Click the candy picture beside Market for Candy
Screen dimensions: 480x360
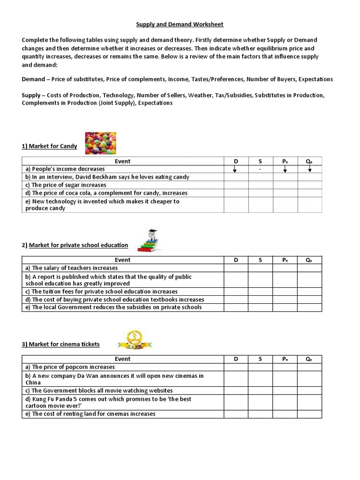pos(100,143)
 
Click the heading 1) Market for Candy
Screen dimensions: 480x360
pos(49,146)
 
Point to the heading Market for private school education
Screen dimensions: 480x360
pos(78,245)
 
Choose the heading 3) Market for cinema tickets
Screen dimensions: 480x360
pos(61,344)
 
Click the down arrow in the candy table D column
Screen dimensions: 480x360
pos(236,169)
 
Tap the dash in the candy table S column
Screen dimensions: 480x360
pos(260,169)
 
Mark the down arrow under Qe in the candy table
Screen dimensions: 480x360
pos(309,169)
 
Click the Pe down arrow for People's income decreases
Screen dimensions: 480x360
pos(285,169)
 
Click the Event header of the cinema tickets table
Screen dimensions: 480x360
pos(123,359)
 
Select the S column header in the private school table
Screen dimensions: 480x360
pos(260,260)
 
